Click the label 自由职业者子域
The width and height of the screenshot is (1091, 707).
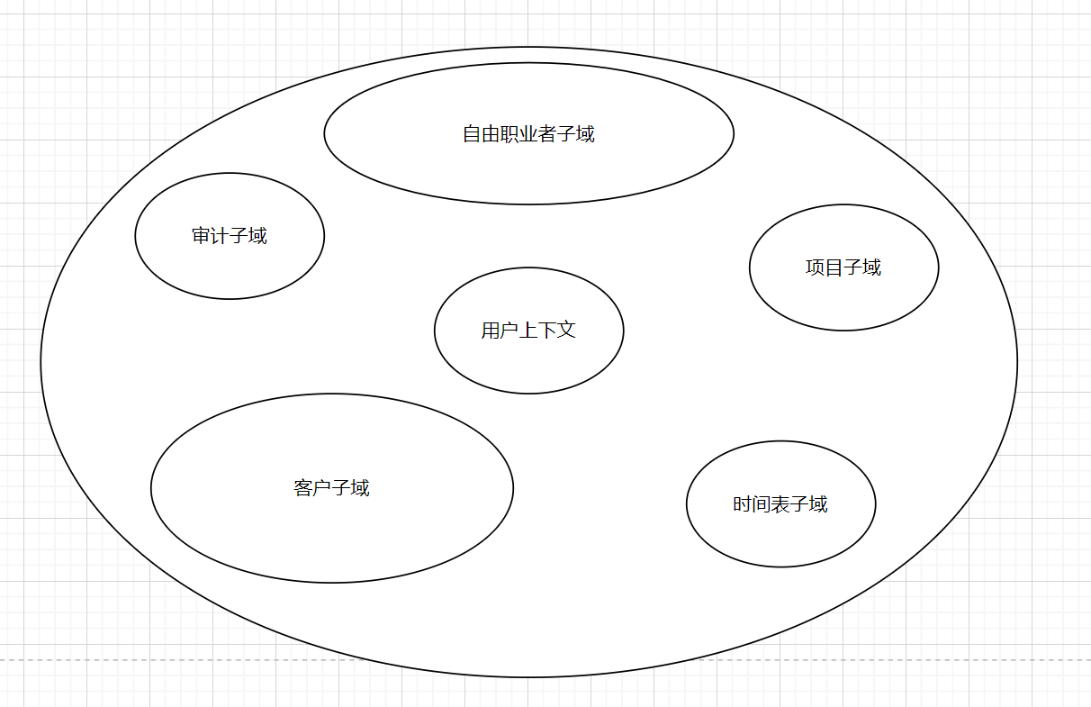tap(528, 134)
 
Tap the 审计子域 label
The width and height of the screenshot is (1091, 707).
tap(230, 236)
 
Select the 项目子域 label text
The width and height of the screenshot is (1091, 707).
tap(843, 267)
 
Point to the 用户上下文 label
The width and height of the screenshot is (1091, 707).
tap(528, 331)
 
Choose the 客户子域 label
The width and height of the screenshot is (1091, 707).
tap(331, 488)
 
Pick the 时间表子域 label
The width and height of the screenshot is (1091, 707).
tap(780, 504)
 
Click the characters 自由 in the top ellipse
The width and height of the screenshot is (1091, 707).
tap(481, 134)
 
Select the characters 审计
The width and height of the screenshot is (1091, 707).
tap(211, 236)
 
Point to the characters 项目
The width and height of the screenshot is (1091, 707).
tap(824, 267)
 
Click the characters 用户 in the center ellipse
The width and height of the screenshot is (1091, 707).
tap(500, 331)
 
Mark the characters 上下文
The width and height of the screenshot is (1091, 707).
tap(548, 331)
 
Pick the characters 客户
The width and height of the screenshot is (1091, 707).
tap(312, 488)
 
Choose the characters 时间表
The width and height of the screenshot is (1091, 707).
tap(761, 504)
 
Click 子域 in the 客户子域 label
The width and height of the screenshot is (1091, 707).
tap(351, 488)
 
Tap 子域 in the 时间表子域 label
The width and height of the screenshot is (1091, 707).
tap(809, 504)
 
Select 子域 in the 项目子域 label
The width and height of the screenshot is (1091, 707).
tap(862, 267)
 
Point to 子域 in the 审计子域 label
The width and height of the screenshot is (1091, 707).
tap(248, 236)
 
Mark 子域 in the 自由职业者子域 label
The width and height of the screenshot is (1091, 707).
tap(576, 134)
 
